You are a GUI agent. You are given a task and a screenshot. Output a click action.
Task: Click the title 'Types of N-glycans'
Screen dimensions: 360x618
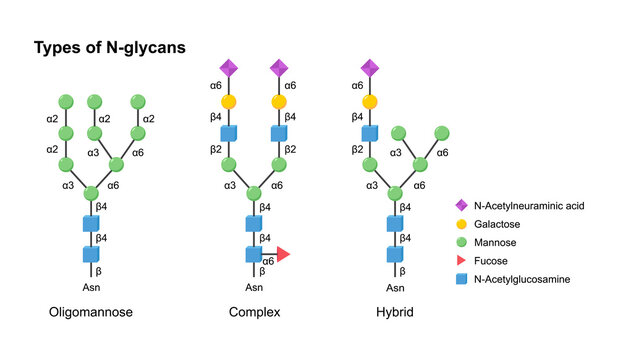click(x=109, y=47)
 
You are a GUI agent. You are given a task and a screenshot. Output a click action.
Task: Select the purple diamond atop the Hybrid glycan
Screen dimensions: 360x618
click(x=369, y=69)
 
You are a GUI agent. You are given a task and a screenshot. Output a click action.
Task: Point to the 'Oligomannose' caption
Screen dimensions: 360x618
click(x=91, y=312)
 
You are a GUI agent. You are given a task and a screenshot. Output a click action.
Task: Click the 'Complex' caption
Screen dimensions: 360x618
click(x=254, y=312)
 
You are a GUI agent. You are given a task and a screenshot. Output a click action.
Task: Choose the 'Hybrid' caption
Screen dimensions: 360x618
click(x=393, y=312)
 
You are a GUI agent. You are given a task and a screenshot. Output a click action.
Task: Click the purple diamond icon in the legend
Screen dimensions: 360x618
click(x=462, y=205)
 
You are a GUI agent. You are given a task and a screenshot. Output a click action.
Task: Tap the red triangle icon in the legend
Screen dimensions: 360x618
click(x=463, y=260)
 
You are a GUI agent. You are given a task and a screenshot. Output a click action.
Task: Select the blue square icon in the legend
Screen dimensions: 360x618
click(x=462, y=279)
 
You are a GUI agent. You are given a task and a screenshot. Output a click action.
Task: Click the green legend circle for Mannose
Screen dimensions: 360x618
click(x=462, y=242)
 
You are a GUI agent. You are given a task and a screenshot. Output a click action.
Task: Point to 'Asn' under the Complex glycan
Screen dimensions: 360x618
click(x=254, y=286)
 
